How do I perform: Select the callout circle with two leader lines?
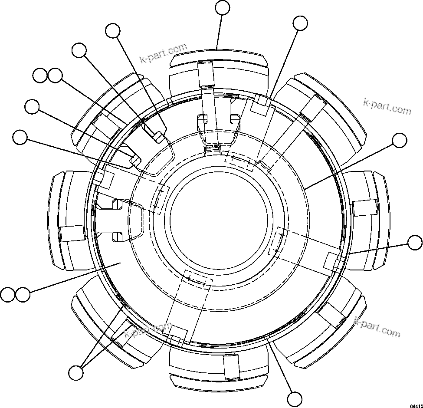click(x=76, y=372)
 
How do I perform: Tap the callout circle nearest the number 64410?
click(x=295, y=398)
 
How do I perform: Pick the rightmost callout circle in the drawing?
click(x=416, y=243)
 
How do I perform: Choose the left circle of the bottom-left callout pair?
click(x=7, y=295)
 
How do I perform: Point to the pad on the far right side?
click(x=369, y=219)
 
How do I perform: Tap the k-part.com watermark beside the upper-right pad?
click(x=387, y=106)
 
